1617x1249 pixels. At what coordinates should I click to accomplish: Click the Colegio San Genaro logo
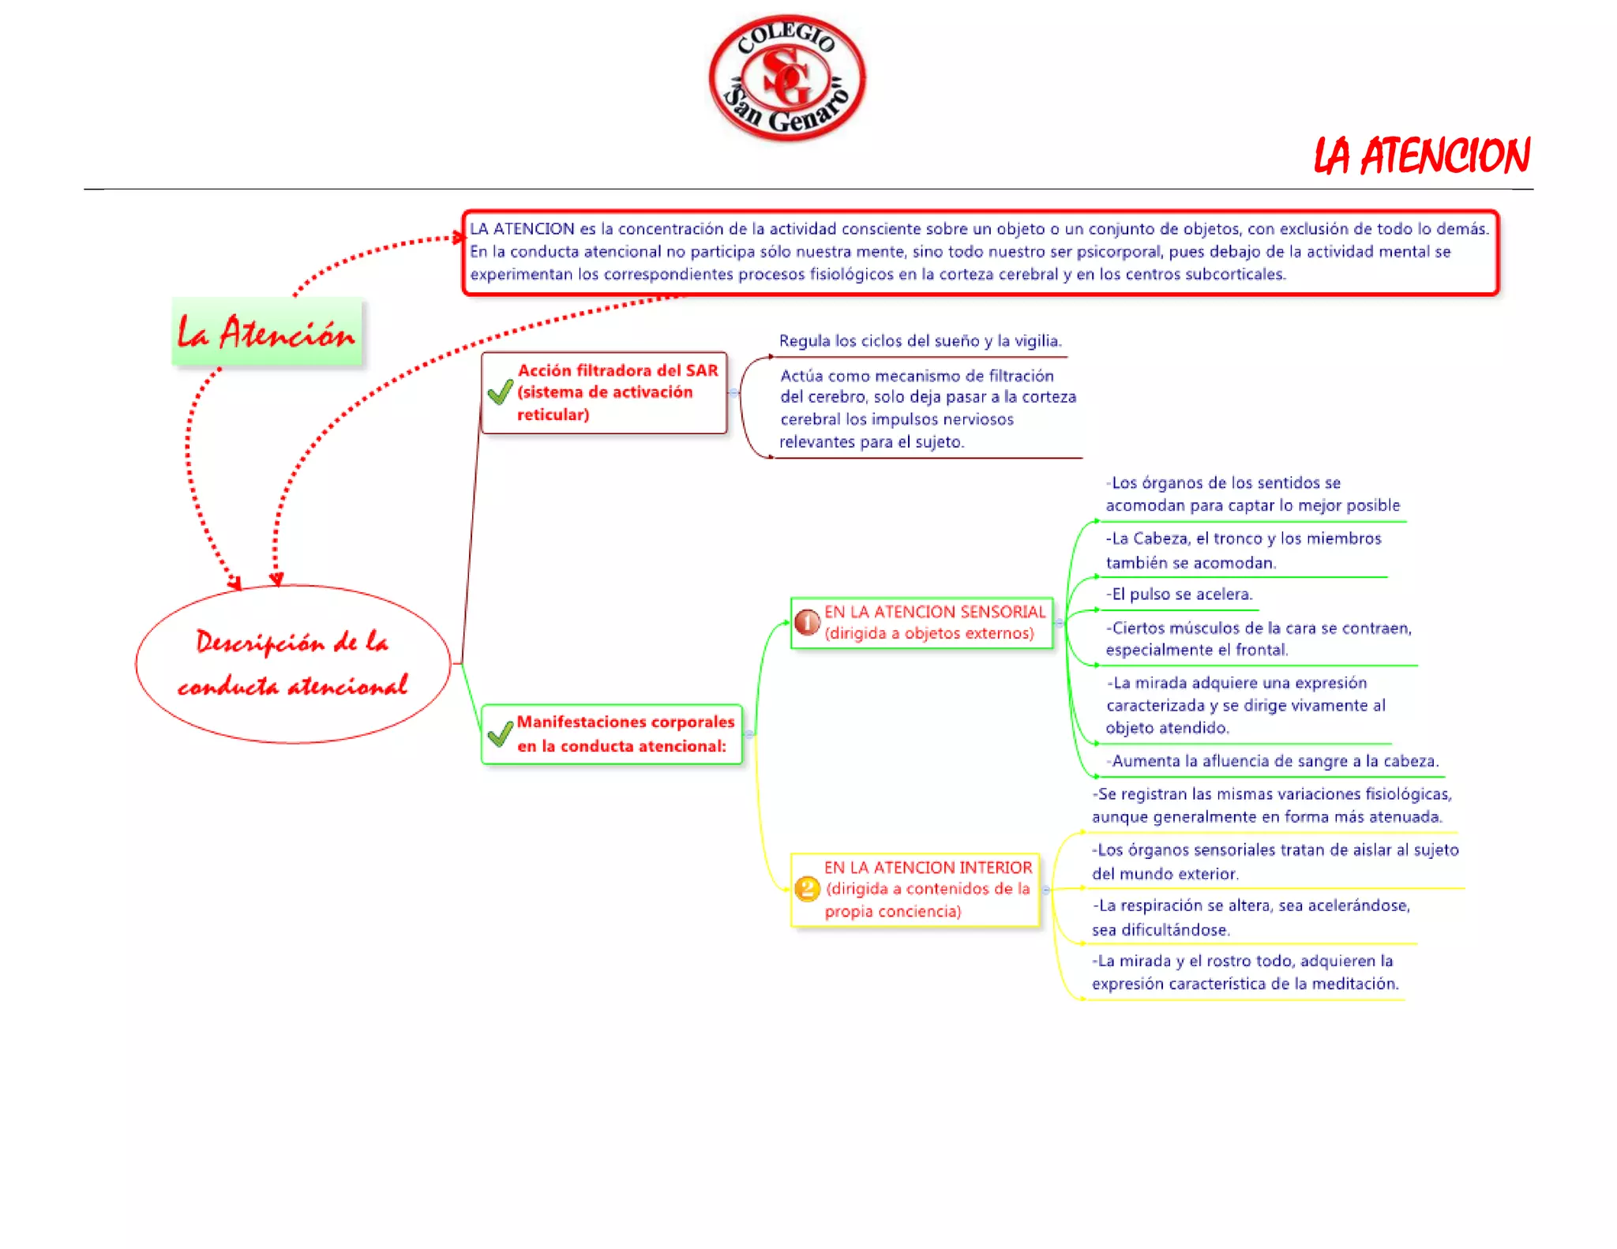point(786,78)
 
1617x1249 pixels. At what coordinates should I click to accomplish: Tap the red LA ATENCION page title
point(1421,156)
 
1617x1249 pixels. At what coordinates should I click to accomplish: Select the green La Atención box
point(267,332)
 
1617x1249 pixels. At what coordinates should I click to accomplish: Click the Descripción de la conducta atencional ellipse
point(293,664)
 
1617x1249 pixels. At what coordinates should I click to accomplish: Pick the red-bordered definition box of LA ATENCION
point(979,252)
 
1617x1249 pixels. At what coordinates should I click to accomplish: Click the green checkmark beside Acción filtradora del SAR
point(500,392)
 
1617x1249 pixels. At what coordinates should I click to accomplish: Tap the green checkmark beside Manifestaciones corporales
point(500,734)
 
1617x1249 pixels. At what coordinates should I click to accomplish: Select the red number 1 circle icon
point(807,623)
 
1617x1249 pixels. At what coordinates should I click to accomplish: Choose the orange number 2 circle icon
point(807,889)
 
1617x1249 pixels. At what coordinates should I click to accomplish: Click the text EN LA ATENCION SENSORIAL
point(934,612)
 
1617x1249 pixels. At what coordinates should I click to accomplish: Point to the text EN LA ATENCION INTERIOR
point(928,867)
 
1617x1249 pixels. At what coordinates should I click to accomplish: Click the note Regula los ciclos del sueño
point(920,341)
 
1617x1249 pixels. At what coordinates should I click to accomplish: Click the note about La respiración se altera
point(1250,917)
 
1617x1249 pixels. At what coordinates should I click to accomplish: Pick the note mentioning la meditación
point(1244,972)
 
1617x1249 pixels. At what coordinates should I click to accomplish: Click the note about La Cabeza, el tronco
point(1243,550)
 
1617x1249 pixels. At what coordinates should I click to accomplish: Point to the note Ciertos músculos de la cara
point(1258,639)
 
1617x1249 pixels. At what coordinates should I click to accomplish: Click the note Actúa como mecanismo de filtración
point(927,408)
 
